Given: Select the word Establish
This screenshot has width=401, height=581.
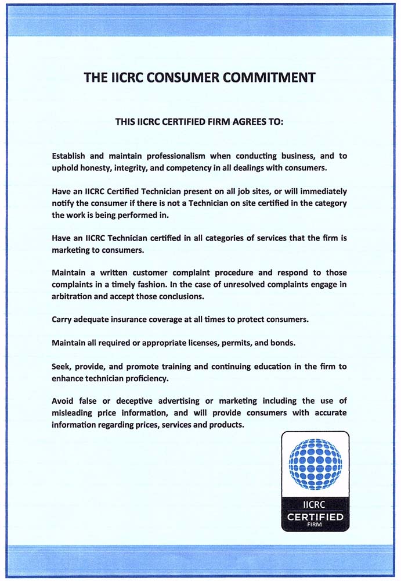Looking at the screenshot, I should tap(68, 156).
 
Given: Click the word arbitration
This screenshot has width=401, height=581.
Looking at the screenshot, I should tap(73, 296).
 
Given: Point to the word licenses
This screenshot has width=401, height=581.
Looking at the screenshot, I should tap(194, 342).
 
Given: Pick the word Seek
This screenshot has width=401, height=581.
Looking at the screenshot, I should tap(62, 366).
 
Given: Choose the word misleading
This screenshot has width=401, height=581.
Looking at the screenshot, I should tap(73, 413).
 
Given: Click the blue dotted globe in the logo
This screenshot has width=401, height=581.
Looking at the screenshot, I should tap(315, 464).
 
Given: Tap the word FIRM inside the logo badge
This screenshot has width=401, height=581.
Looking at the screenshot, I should tap(316, 525).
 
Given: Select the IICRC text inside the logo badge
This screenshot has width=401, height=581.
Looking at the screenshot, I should tap(316, 505).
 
